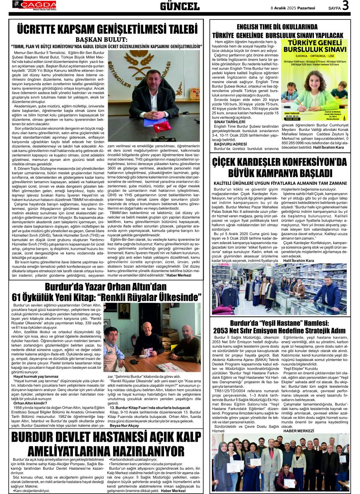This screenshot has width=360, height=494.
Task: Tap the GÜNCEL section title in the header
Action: point(180,6)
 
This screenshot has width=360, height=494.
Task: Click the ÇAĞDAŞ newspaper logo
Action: point(35,5)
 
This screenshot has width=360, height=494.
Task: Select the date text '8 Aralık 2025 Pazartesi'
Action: point(293,8)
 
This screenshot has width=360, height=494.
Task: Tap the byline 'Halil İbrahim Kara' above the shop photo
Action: point(298,261)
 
